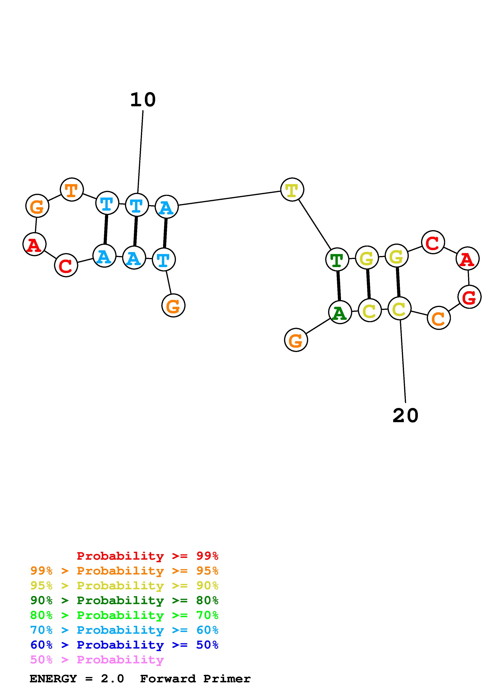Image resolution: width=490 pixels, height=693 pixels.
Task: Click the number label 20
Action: coord(405,416)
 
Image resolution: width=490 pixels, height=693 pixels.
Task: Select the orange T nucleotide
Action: coord(72,190)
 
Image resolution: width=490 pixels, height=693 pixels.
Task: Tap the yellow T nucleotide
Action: coord(292,190)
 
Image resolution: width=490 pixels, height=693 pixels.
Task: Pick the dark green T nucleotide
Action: coord(337,260)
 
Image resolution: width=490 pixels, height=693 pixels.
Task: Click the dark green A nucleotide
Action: coord(340,312)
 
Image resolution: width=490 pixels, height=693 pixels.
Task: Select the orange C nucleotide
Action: coord(439,318)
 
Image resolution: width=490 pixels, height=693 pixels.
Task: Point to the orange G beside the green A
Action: coord(296,340)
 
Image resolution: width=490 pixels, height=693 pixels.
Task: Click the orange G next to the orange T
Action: coord(37,206)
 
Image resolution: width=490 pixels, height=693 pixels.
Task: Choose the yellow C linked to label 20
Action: coord(399,308)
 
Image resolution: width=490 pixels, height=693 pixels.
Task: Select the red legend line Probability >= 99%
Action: coord(148,556)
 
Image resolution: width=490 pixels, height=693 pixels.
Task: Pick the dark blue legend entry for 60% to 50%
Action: coord(124,645)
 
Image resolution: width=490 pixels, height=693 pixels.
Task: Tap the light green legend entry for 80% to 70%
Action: coord(124,615)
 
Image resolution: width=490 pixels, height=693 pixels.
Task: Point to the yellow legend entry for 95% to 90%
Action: coord(124,586)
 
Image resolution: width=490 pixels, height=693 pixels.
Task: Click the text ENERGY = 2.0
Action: coord(77,679)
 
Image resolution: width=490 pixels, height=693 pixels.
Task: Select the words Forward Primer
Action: coord(195,679)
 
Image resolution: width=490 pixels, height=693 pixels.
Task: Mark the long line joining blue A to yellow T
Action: coord(229,198)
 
